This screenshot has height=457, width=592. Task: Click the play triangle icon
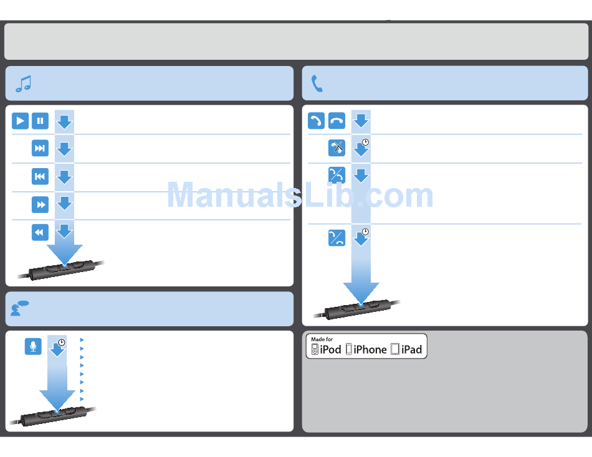[x=21, y=121]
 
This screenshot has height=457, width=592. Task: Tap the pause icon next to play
[x=40, y=121]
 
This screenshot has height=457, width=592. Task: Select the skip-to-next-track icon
[x=40, y=148]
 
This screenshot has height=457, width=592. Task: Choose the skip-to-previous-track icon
[x=40, y=176]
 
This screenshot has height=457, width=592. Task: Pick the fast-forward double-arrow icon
[x=40, y=204]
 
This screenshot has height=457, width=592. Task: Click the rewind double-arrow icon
[x=40, y=232]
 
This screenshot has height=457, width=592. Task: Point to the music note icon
[x=24, y=84]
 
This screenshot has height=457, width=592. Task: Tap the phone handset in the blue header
[x=317, y=84]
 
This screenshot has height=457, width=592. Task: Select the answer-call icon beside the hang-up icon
[x=317, y=121]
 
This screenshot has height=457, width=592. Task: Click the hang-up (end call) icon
[x=337, y=121]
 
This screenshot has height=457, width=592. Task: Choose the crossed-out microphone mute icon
[x=337, y=148]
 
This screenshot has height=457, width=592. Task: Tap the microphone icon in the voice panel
[x=33, y=347]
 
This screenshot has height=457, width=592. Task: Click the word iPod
[x=330, y=350]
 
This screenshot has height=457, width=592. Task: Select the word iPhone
[x=370, y=350]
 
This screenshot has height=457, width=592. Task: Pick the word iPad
[x=412, y=350]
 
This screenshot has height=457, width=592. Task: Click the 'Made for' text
[x=322, y=339]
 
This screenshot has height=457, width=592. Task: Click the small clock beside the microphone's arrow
[x=62, y=342]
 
